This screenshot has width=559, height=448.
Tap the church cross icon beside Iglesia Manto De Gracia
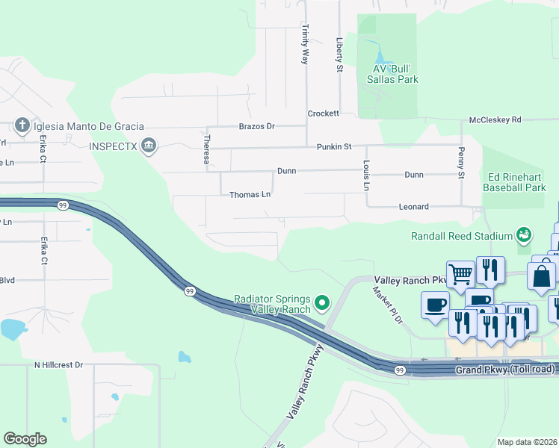click(x=23, y=126)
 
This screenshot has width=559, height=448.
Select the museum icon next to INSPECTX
click(x=149, y=144)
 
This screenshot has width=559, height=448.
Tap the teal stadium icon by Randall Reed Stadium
click(x=524, y=235)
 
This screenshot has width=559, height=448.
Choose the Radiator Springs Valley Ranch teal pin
click(x=323, y=302)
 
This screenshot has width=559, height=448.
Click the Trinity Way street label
click(x=305, y=43)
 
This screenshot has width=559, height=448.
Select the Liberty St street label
click(x=339, y=55)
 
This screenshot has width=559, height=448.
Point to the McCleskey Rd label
click(x=494, y=119)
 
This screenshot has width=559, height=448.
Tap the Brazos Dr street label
click(x=257, y=127)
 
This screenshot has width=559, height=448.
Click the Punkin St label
click(x=333, y=147)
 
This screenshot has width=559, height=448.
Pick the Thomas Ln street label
click(x=250, y=195)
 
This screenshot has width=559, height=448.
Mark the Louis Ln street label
click(x=366, y=175)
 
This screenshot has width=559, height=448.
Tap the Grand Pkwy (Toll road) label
click(x=507, y=369)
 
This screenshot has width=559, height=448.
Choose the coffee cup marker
click(x=435, y=305)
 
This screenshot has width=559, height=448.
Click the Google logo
click(x=25, y=439)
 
